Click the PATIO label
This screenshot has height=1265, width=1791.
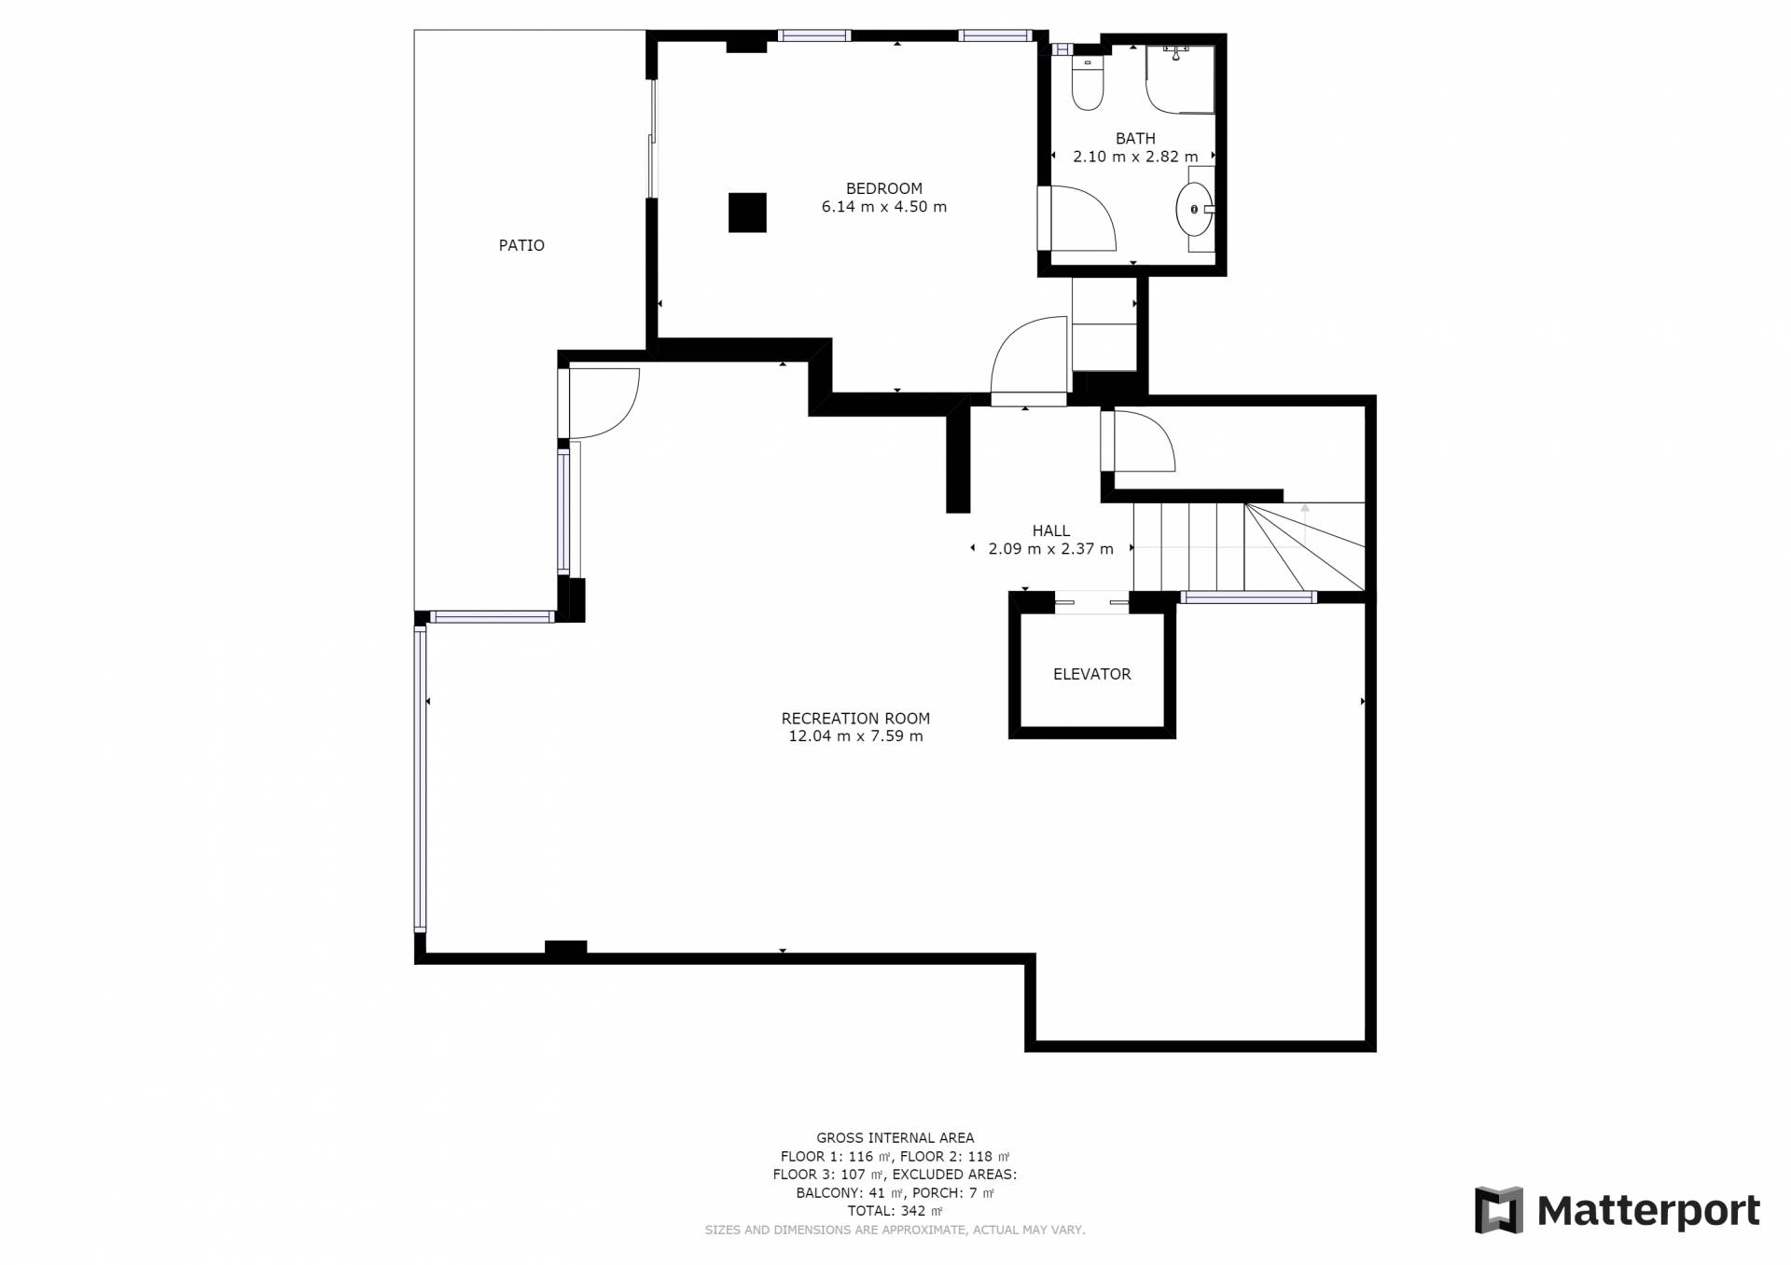[521, 245]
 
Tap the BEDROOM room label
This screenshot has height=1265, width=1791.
[883, 188]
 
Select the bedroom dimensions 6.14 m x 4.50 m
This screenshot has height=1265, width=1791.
[883, 207]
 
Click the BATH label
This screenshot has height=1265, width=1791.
[1135, 139]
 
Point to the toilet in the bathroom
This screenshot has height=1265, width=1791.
[1088, 84]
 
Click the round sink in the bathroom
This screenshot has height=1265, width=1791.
[1194, 210]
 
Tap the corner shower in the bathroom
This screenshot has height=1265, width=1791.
[1180, 79]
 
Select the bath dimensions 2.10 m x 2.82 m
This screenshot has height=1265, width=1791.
[1135, 157]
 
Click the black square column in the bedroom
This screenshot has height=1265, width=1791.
[747, 213]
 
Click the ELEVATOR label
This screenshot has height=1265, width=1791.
[1091, 674]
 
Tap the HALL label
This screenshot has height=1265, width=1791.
[1050, 531]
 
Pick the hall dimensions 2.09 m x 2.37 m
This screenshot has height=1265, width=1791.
[1050, 549]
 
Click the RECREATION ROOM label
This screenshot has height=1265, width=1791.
[855, 719]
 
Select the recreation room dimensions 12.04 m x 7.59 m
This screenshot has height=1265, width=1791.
[855, 736]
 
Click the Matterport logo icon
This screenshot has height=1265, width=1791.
[1498, 1210]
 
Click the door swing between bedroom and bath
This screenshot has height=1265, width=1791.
[1084, 218]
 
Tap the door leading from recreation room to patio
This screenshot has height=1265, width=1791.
[604, 403]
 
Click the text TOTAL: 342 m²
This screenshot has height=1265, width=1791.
[895, 1211]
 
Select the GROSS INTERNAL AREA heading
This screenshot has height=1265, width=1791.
[895, 1137]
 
